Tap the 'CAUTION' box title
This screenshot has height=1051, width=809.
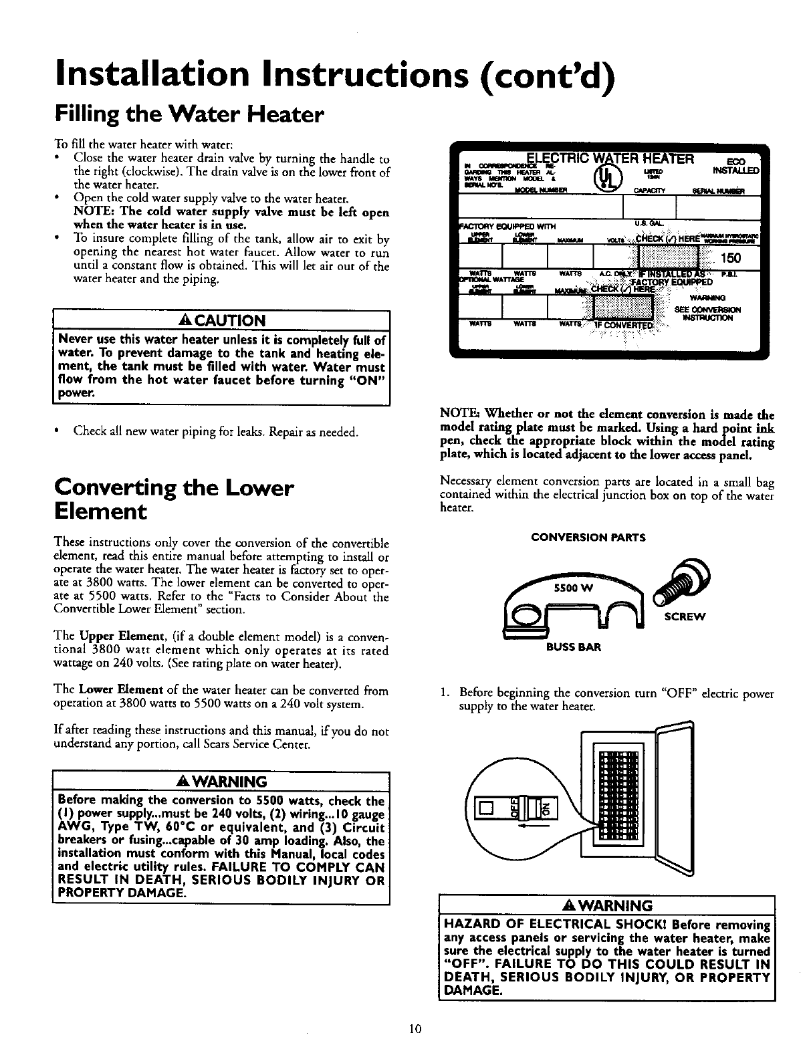[x=221, y=320]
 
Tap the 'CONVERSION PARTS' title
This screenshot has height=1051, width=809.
[x=588, y=536]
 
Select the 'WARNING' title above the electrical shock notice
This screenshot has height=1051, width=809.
[x=606, y=906]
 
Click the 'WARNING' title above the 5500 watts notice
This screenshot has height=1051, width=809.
[x=221, y=782]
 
